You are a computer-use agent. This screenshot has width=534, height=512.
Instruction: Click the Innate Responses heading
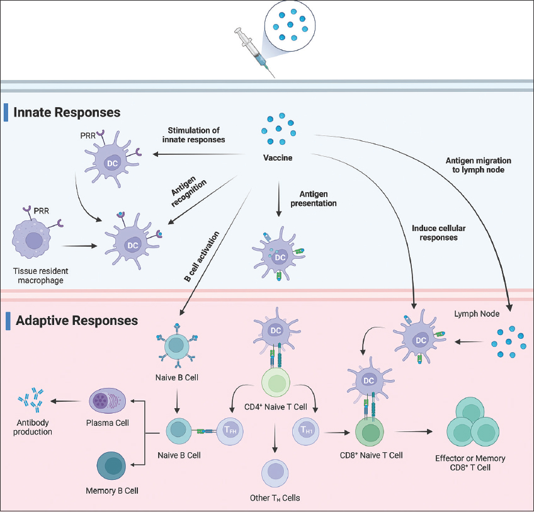pos(67,113)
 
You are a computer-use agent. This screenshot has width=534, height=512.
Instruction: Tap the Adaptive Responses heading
pos(76,321)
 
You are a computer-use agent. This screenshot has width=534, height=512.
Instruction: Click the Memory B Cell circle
pos(114,467)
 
